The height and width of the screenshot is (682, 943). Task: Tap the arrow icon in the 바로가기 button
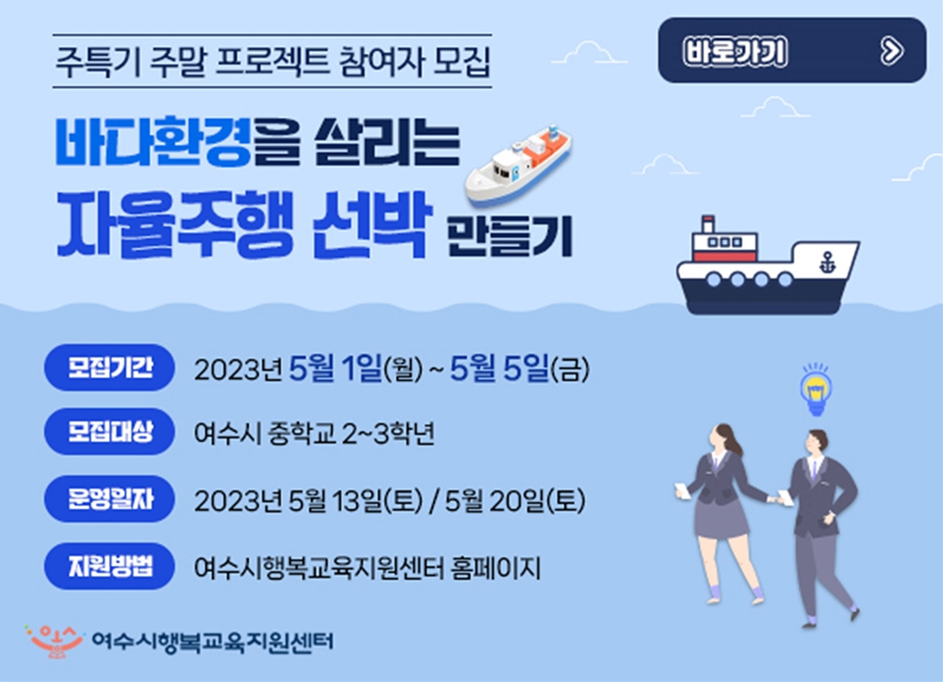889,51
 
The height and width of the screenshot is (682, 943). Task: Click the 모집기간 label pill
109,368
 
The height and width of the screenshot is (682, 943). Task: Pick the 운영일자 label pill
109,499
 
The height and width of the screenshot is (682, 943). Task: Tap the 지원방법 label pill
109,567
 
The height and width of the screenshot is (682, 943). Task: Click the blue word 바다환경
152,141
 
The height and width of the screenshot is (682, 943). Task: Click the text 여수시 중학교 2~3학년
314,435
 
